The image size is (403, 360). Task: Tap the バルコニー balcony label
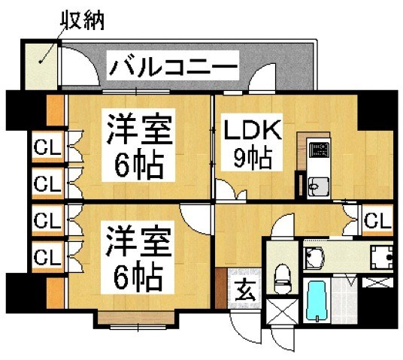pos(172,68)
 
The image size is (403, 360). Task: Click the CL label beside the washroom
pos(377,220)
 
